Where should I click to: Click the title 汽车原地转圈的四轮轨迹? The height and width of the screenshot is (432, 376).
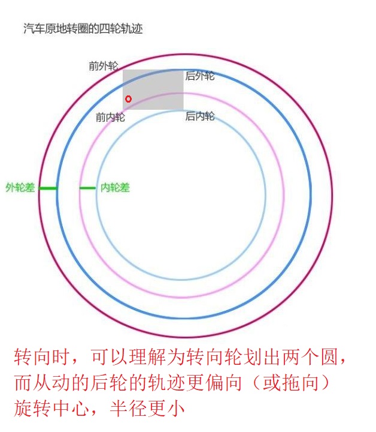[83, 29]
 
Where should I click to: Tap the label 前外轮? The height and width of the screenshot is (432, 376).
[104, 66]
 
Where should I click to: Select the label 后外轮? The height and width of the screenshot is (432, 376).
[200, 76]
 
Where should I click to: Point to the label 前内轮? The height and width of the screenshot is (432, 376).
[111, 117]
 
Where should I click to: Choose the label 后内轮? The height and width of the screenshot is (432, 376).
[200, 116]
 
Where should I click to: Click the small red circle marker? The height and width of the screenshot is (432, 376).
[128, 99]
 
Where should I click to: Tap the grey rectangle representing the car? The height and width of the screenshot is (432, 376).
[153, 89]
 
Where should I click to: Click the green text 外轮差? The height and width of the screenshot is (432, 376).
[20, 188]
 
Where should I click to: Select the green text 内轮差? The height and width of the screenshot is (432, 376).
[115, 188]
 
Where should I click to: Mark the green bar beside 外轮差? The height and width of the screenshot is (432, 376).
[48, 188]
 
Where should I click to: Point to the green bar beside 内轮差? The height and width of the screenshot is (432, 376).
[87, 188]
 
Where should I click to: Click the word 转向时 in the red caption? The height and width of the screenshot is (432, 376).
[42, 357]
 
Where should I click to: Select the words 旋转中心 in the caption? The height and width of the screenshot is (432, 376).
[51, 409]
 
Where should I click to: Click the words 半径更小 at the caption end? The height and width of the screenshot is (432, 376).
[147, 409]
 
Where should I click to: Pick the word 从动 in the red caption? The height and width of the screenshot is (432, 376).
[51, 383]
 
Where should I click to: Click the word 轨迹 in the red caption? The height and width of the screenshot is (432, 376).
[166, 383]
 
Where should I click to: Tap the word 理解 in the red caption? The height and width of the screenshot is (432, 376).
[147, 357]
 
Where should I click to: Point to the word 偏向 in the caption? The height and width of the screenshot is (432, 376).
[223, 383]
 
